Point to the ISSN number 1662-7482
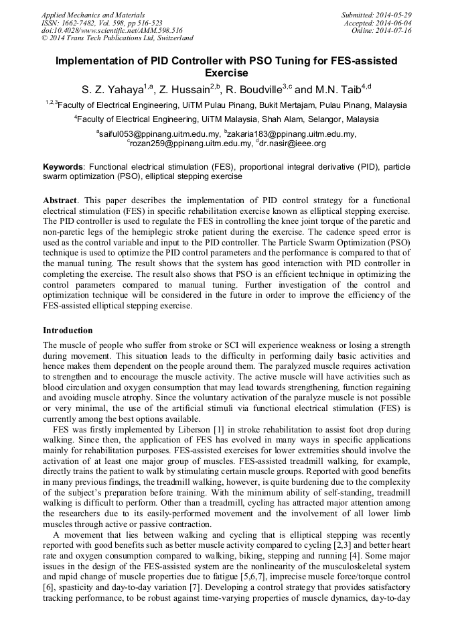click(77, 22)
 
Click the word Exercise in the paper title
click(226, 72)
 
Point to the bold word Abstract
click(61, 200)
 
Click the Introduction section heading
click(68, 331)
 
